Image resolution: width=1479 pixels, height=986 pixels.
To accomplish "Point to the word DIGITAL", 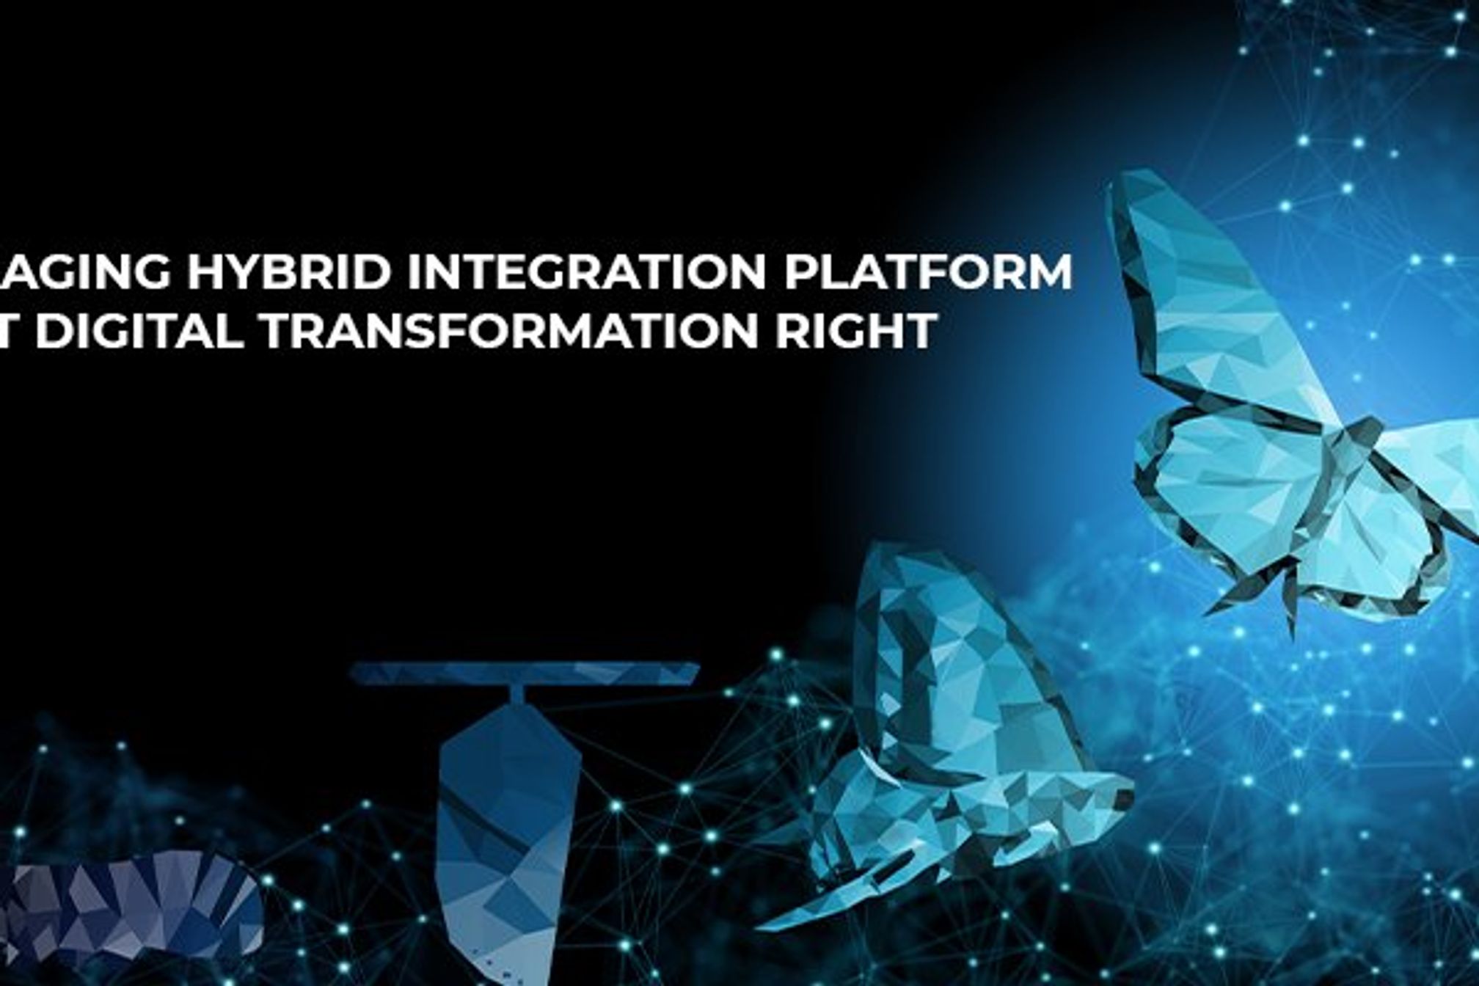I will tap(139, 331).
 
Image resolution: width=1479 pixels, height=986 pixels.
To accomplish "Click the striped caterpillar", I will tap(132, 910).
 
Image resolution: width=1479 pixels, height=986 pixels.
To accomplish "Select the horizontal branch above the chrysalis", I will tap(524, 672).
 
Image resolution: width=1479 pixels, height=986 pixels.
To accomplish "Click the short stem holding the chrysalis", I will tap(517, 693).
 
